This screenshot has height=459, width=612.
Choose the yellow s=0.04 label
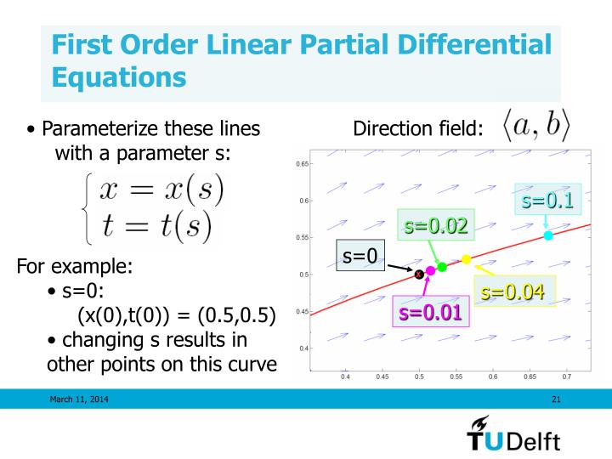512,292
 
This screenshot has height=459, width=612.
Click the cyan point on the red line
548,235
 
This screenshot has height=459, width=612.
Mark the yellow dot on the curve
466,259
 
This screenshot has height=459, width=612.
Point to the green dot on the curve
442,267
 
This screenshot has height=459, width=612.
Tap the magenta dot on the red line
430,270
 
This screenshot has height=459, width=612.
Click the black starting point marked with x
418,274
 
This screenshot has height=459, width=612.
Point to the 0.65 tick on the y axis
303,163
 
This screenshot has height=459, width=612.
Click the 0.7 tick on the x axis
566,375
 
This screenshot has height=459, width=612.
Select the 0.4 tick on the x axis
345,375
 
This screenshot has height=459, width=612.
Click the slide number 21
556,399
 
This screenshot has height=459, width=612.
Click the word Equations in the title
118,77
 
